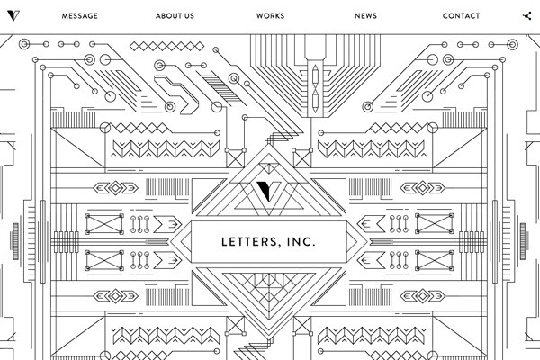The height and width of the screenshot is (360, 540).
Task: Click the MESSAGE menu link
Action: point(80,16)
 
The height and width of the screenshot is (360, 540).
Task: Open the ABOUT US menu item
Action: point(175,16)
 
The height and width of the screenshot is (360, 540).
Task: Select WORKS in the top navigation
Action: point(270,16)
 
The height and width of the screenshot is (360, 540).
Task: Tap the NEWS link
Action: point(365,16)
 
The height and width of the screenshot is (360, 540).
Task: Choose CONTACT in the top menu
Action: point(461,16)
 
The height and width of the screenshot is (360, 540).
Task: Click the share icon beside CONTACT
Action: point(527,16)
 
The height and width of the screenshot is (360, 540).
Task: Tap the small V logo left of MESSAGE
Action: point(11,16)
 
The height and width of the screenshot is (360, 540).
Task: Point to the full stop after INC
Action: point(316,245)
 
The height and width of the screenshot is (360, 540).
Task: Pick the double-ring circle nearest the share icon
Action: point(515,43)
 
